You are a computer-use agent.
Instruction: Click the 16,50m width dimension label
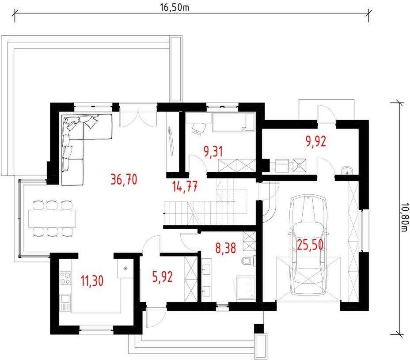175,8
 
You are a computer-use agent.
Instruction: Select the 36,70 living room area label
124,180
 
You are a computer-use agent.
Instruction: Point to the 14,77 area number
185,187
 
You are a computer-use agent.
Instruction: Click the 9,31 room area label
213,152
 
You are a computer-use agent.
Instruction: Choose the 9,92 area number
316,141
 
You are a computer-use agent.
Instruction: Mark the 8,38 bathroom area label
226,248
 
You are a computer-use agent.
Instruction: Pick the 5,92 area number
163,277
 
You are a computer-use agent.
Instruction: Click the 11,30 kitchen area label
92,281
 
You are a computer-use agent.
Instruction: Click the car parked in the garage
308,246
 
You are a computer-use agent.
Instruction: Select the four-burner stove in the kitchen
65,278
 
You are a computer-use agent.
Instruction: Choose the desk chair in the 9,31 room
199,128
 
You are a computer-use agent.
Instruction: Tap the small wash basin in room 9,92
347,170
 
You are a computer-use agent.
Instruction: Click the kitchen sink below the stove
65,303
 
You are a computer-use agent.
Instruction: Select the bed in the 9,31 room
234,122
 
